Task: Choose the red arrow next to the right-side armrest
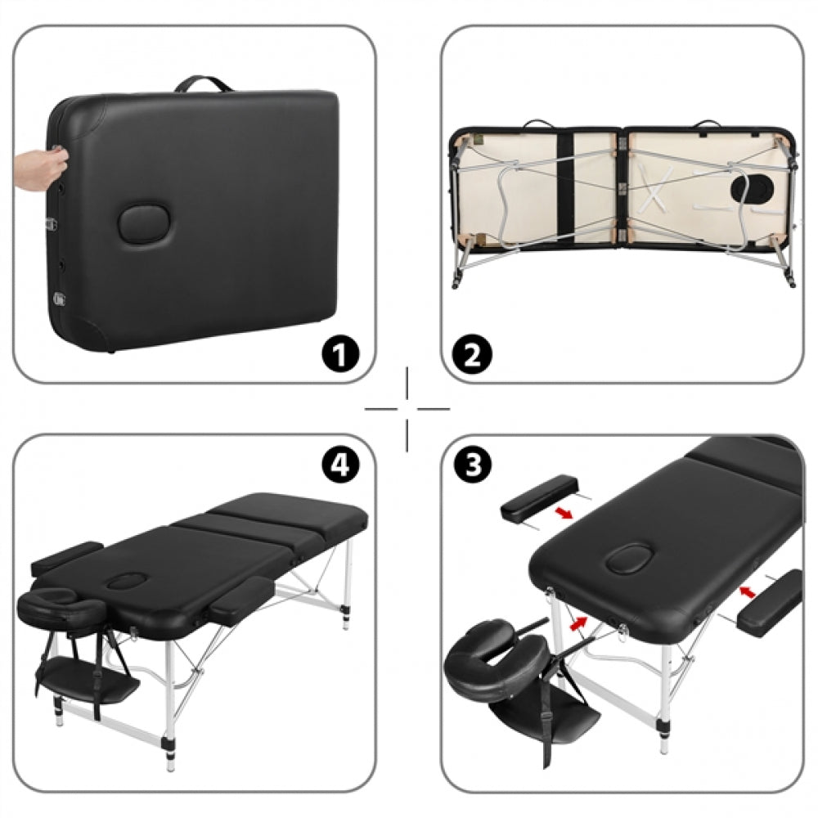744,589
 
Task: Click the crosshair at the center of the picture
407,408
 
